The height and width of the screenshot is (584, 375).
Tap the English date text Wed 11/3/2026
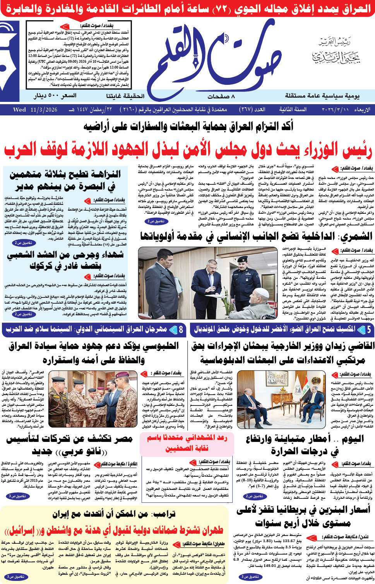[35, 110]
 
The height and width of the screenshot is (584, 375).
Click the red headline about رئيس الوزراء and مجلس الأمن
[188, 151]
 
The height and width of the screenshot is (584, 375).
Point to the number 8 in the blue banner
[181, 330]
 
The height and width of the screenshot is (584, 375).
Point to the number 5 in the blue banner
[369, 330]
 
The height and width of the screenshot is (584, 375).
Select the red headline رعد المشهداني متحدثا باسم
[187, 443]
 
